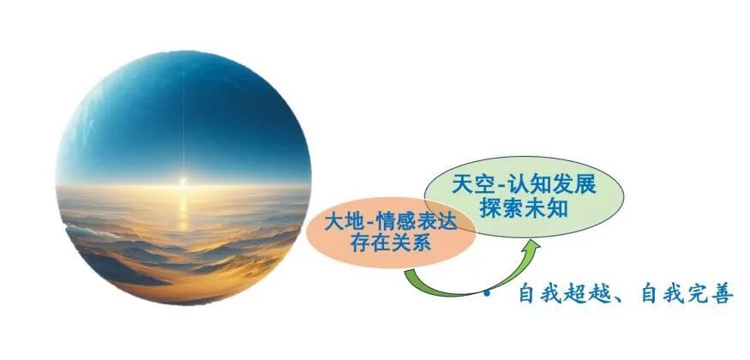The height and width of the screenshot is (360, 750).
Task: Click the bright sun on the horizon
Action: click(183, 181)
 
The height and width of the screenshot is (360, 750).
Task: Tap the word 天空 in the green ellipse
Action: click(469, 185)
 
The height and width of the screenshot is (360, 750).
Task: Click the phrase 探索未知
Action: click(524, 208)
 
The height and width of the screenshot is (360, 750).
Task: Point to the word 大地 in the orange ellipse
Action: click(341, 222)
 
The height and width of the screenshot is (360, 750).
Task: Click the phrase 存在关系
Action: click(391, 243)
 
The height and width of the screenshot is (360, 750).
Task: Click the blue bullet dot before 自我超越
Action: click(487, 293)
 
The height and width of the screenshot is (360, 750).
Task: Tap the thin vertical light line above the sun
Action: click(183, 119)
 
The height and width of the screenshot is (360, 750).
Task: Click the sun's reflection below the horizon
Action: click(183, 210)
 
